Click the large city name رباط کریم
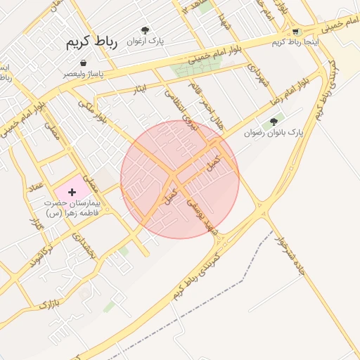point(92,41)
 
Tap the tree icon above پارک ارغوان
point(145,30)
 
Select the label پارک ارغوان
point(145,41)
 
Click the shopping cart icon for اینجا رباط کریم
point(295,31)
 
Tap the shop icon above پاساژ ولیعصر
point(84,63)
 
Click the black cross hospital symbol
point(72,191)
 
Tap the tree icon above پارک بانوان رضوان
point(274,122)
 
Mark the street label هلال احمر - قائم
point(206,105)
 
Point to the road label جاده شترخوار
point(289,257)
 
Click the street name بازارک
point(46,304)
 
